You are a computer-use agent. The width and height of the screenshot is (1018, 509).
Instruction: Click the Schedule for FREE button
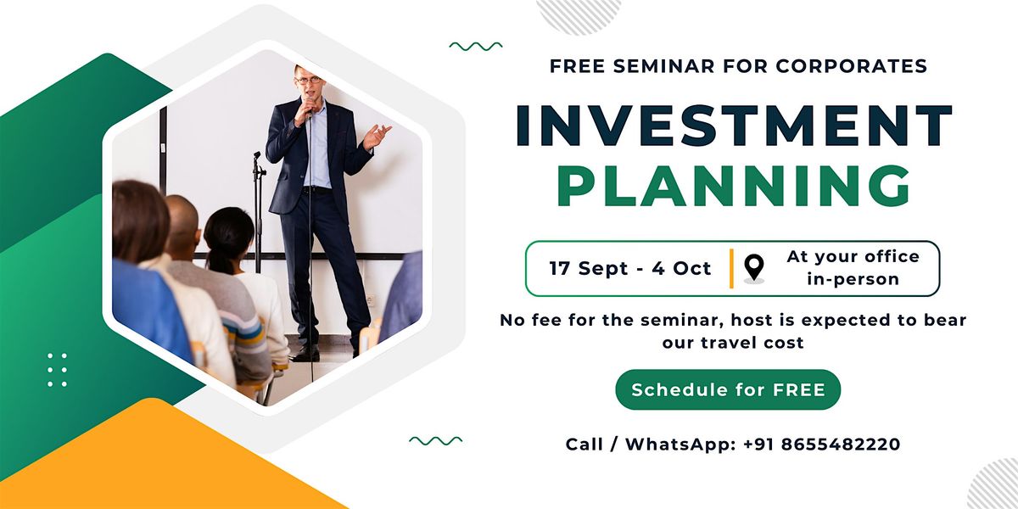[x=728, y=389]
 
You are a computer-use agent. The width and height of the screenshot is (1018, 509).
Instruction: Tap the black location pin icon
[x=754, y=267]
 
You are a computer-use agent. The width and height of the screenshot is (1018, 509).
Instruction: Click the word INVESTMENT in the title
[x=734, y=126]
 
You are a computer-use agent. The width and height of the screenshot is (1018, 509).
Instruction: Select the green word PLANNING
[x=734, y=186]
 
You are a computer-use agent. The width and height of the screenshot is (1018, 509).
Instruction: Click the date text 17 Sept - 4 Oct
[x=629, y=268]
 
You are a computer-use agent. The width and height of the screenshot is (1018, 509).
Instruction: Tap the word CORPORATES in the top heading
[x=851, y=66]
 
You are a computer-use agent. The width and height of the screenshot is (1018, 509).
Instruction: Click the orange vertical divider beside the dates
[x=731, y=269]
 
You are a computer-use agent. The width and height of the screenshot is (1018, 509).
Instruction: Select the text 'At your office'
[x=853, y=257]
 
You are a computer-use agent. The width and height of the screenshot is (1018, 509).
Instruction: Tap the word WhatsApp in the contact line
[x=680, y=445]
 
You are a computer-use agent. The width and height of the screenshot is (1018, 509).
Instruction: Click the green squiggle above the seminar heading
[x=476, y=46]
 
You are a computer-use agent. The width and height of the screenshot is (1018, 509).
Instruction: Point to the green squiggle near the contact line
[x=435, y=440]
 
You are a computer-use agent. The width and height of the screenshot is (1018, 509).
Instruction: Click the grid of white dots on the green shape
[x=58, y=370]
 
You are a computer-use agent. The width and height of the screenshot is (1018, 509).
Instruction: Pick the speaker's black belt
[x=317, y=188]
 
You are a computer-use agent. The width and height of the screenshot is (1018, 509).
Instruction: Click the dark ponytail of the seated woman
[x=221, y=262]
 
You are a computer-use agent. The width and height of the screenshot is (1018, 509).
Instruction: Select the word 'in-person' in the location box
[x=853, y=279]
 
